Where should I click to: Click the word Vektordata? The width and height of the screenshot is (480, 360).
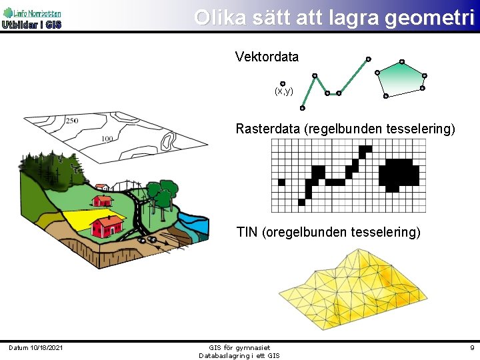[x=267, y=57]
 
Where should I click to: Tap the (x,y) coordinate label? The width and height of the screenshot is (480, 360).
[x=283, y=91]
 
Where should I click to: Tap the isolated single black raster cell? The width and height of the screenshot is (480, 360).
[x=281, y=182]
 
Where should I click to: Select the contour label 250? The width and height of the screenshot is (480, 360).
[x=71, y=121]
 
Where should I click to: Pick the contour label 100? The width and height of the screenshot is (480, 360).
[x=107, y=139]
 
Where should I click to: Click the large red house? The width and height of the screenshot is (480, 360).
[x=107, y=226]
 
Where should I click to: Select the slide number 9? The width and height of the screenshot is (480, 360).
[x=472, y=348]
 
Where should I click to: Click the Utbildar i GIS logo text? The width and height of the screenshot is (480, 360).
[x=31, y=25]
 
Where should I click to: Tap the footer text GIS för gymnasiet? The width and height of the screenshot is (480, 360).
[x=239, y=347]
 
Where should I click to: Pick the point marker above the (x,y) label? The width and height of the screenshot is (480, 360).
[x=283, y=83]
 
